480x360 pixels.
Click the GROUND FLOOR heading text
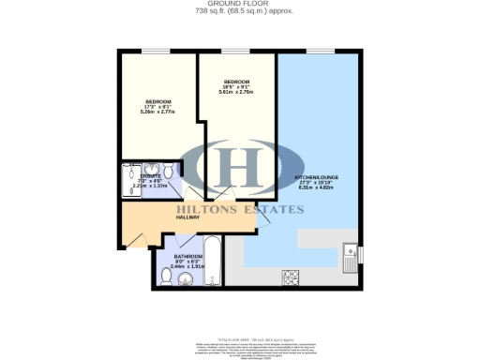pos(240,4)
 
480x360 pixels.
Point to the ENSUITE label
pos(150,175)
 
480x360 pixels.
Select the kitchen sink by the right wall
pos(349,255)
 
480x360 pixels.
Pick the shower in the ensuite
pos(128,183)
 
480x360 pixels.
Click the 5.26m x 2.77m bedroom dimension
pos(157,110)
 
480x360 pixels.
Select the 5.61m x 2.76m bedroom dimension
pos(235,92)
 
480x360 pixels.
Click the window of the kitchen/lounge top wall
pos(320,51)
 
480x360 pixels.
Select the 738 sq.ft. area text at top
pos(239,12)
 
